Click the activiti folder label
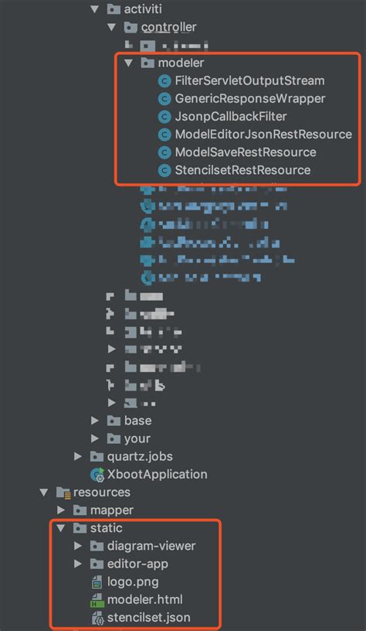pyautogui.click(x=146, y=9)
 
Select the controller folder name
pyautogui.click(x=168, y=27)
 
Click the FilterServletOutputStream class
pyautogui.click(x=249, y=80)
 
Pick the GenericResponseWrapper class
pyautogui.click(x=250, y=98)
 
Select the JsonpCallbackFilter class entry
pyautogui.click(x=231, y=117)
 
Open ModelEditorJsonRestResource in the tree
pyautogui.click(x=263, y=135)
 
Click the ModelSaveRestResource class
pyautogui.click(x=246, y=152)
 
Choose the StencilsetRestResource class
pyautogui.click(x=242, y=170)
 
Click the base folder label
pyautogui.click(x=137, y=421)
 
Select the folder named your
pyautogui.click(x=137, y=438)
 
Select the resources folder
pyautogui.click(x=101, y=493)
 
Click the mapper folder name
pyautogui.click(x=112, y=510)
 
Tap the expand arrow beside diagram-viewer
pyautogui.click(x=78, y=546)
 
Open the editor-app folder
pyautogui.click(x=137, y=564)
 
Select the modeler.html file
pyautogui.click(x=145, y=599)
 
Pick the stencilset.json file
pyautogui.click(x=148, y=618)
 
